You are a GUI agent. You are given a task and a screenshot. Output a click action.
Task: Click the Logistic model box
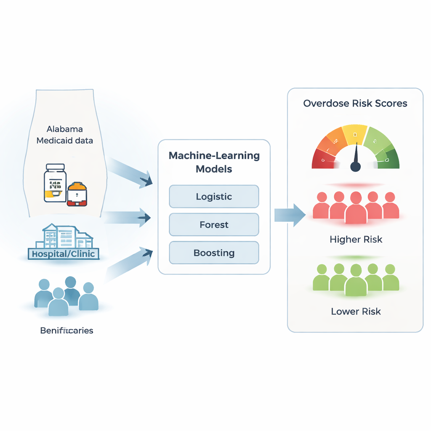(214, 197)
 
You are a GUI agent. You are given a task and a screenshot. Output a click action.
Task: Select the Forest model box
(214, 225)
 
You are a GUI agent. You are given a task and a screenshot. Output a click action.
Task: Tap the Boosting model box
(214, 253)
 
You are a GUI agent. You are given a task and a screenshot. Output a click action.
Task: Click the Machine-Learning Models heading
(214, 162)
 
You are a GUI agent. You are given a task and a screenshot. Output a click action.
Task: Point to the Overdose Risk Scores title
(355, 104)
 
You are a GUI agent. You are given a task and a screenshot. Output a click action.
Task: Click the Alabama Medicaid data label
(65, 135)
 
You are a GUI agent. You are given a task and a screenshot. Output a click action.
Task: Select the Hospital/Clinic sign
(64, 254)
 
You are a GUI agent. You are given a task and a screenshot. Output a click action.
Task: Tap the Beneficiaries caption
(67, 330)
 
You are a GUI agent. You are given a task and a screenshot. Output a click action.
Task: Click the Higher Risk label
(356, 239)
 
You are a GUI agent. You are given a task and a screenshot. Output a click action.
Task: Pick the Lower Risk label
(356, 311)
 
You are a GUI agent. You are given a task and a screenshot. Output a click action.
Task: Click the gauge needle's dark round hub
(356, 167)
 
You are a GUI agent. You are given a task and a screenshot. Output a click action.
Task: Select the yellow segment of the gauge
(355, 134)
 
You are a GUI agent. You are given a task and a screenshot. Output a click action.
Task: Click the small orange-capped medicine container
(77, 194)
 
